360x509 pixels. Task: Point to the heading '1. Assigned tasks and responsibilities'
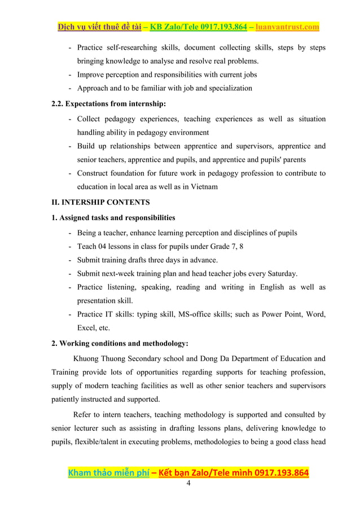113,218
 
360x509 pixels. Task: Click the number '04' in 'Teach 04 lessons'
103,246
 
